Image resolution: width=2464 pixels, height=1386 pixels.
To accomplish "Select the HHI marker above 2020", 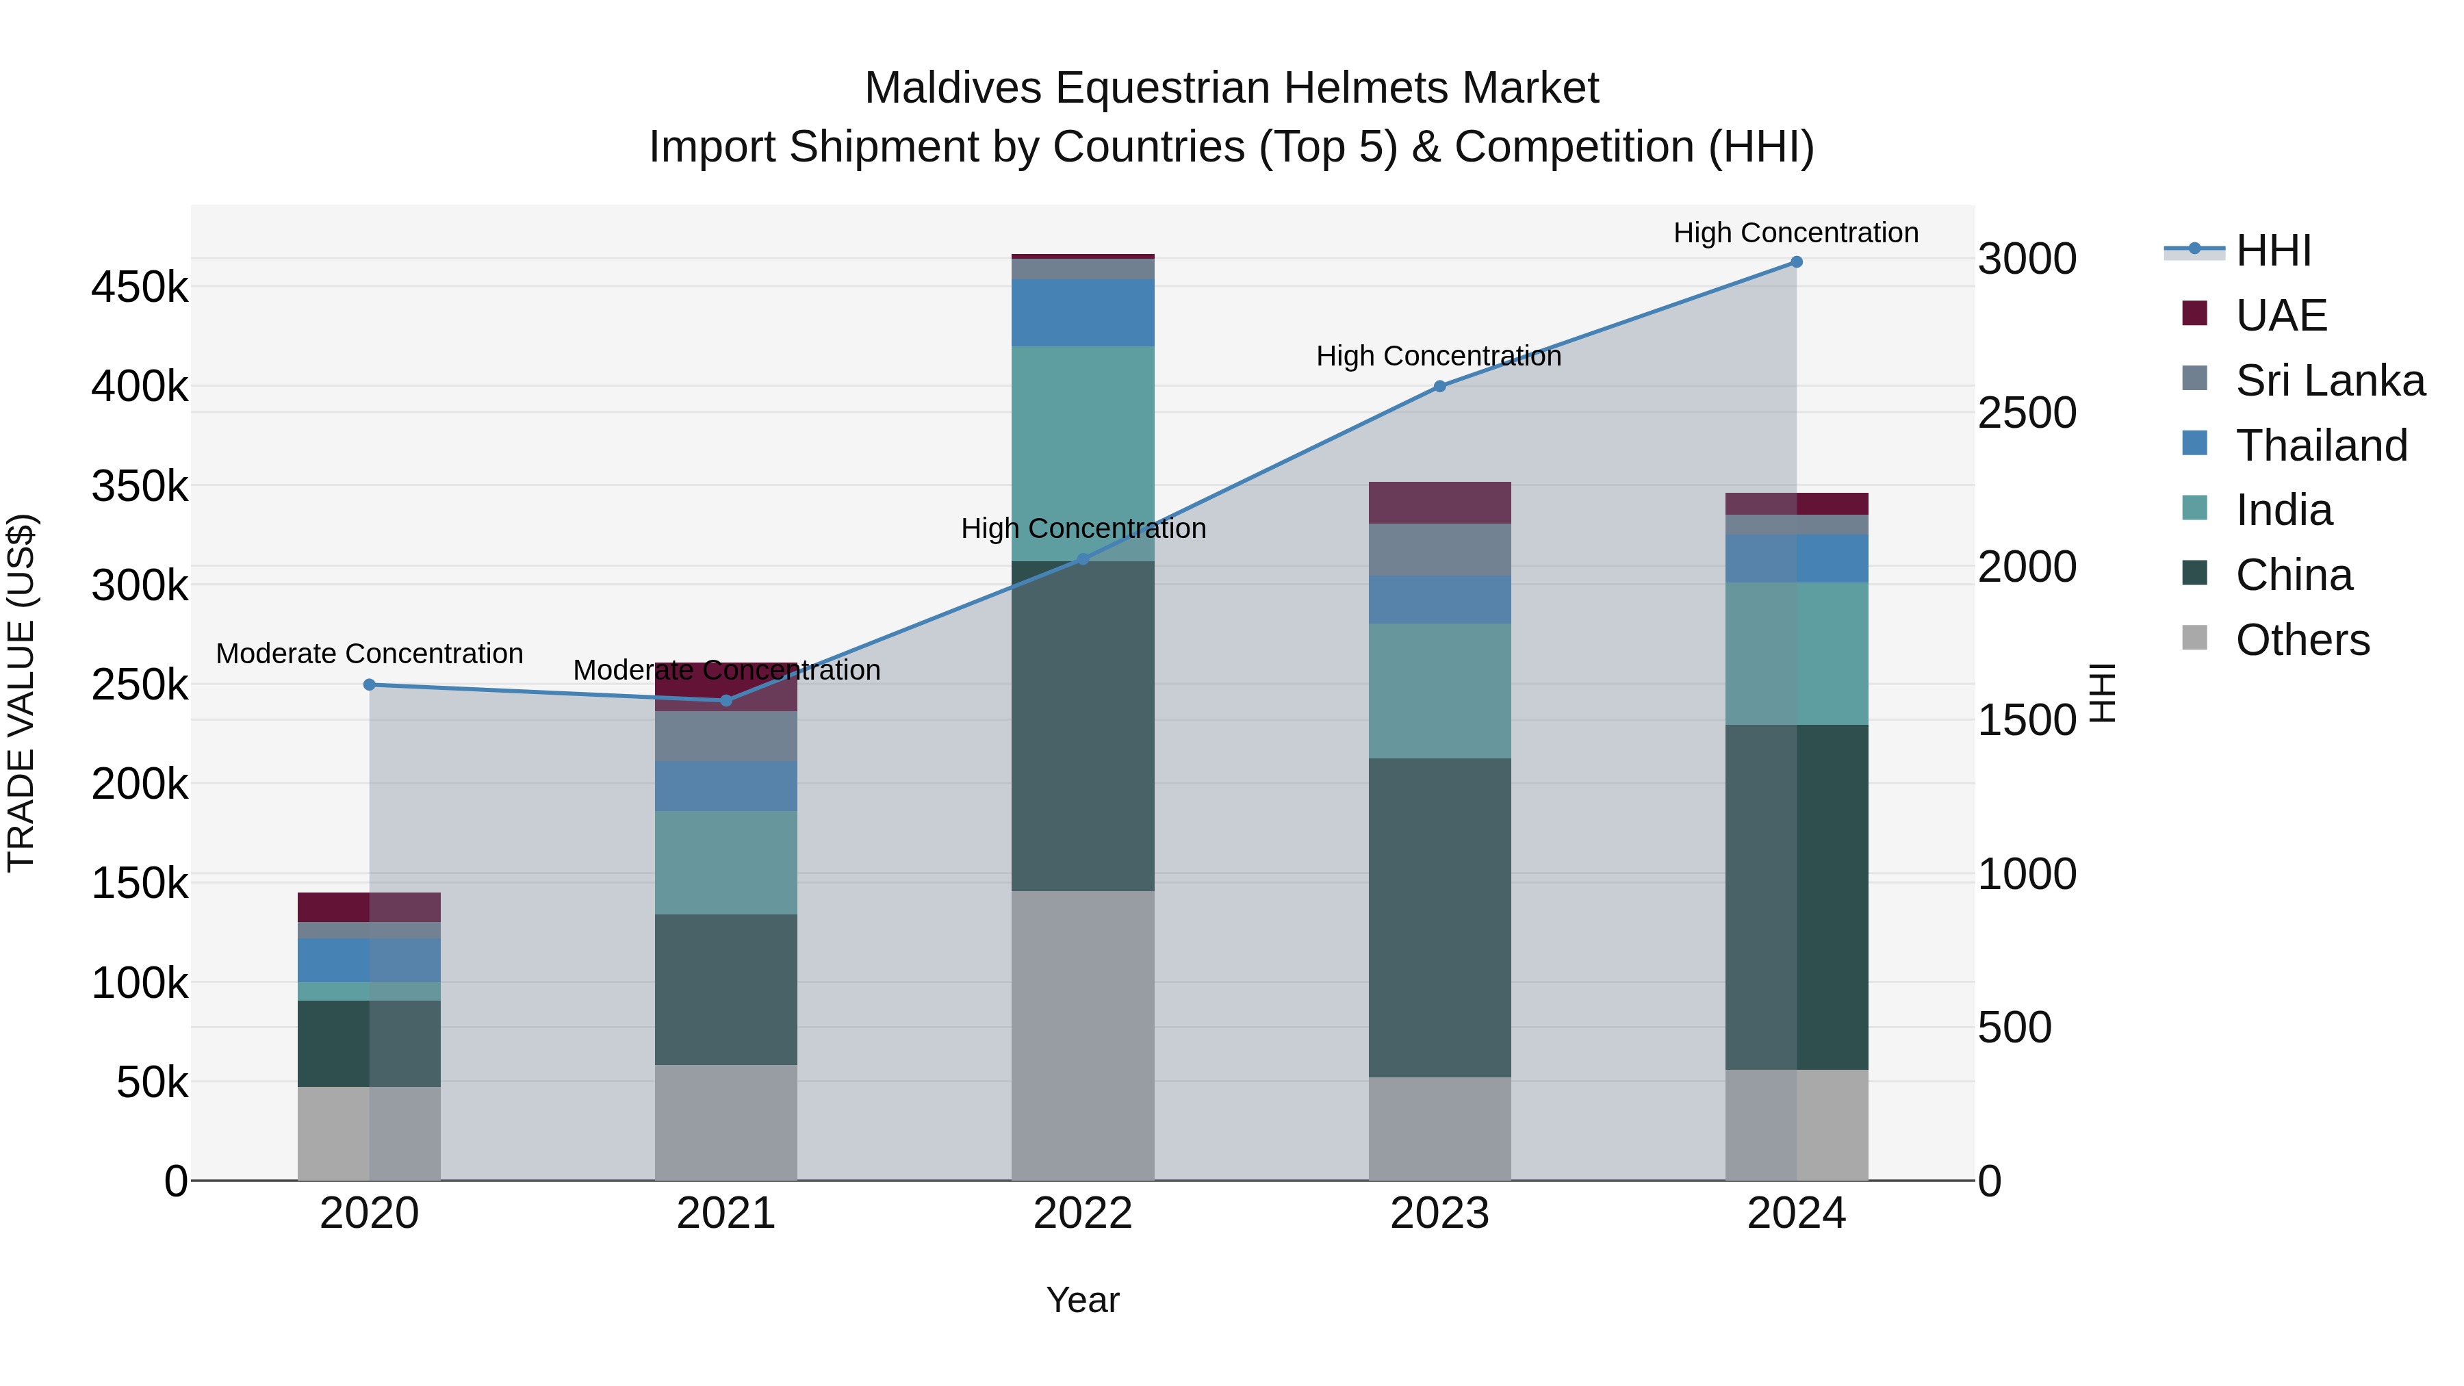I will pos(369,685).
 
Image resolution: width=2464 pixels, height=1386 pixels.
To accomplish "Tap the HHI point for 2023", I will pos(1439,387).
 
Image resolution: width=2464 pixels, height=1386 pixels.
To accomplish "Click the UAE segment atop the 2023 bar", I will pos(1439,502).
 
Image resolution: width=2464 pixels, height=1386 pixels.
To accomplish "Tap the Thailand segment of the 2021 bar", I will pos(726,786).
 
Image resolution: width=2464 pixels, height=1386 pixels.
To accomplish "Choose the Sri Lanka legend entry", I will pos(2329,381).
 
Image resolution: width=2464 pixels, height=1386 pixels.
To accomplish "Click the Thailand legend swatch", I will pos(2195,444).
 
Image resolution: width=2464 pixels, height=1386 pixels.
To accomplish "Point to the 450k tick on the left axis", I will pos(140,287).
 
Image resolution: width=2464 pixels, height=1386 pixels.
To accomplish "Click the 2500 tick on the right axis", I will pos(2026,413).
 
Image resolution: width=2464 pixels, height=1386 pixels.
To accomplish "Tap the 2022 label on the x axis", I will pos(1083,1214).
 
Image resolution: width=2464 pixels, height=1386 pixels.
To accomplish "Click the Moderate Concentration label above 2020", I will pos(369,654).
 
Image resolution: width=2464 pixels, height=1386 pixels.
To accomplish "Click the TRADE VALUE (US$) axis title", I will pos(21,693).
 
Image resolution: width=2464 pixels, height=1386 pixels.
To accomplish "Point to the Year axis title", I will pos(1083,1300).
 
